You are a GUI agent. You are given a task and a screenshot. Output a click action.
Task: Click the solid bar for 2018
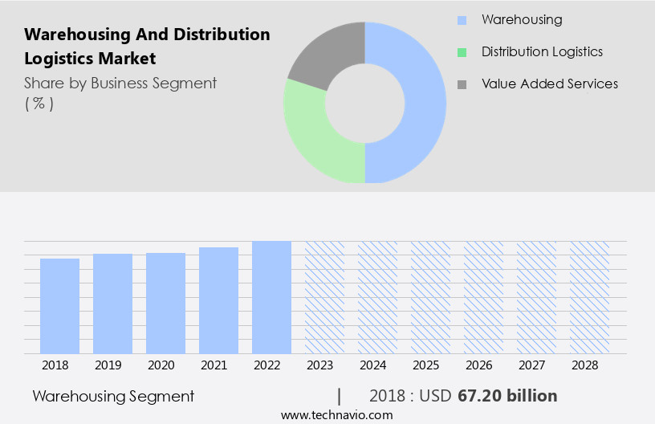click(59, 306)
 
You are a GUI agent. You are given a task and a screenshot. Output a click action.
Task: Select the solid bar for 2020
click(165, 304)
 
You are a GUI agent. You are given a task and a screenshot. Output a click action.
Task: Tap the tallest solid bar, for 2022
click(271, 297)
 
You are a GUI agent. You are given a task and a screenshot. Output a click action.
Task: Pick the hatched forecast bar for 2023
click(324, 297)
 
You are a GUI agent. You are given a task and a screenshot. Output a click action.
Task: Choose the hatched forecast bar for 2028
click(590, 297)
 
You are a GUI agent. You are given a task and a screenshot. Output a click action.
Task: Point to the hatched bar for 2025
click(430, 297)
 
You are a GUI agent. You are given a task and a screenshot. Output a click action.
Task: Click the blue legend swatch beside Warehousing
click(461, 20)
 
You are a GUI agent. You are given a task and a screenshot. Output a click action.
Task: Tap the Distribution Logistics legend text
click(542, 51)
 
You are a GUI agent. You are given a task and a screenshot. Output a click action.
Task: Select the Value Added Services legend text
click(550, 84)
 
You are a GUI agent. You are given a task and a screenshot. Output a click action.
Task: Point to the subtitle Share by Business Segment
click(120, 83)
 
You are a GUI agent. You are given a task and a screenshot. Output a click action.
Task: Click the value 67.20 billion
click(507, 396)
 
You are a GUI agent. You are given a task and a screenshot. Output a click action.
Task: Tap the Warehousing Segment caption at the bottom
click(113, 396)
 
